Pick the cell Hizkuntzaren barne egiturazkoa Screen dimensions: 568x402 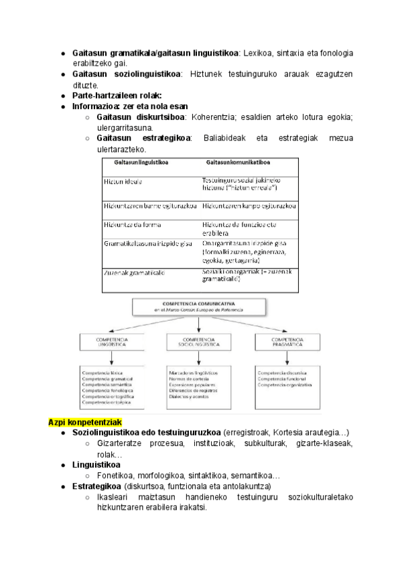point(149,206)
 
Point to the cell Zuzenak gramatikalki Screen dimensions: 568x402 point(134,273)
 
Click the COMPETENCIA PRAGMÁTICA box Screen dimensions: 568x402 point(287,342)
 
